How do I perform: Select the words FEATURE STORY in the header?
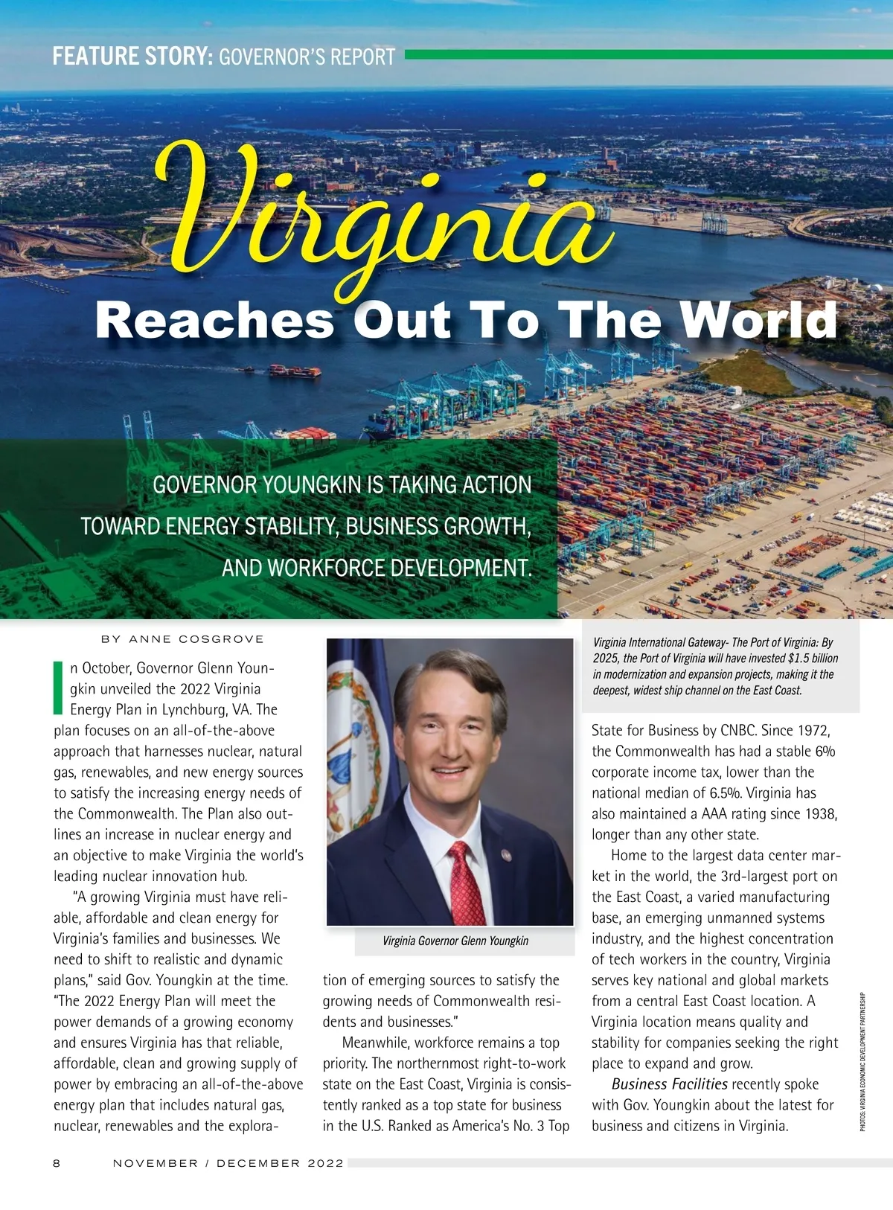pyautogui.click(x=132, y=57)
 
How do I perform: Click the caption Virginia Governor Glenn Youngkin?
pyautogui.click(x=455, y=941)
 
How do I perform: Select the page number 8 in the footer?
pyautogui.click(x=57, y=1163)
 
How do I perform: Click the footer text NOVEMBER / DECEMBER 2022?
pyautogui.click(x=228, y=1163)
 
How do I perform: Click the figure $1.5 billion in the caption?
pyautogui.click(x=813, y=659)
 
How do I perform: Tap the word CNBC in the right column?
pyautogui.click(x=738, y=730)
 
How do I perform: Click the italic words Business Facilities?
pyautogui.click(x=669, y=1084)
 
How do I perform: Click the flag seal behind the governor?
pyautogui.click(x=357, y=744)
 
